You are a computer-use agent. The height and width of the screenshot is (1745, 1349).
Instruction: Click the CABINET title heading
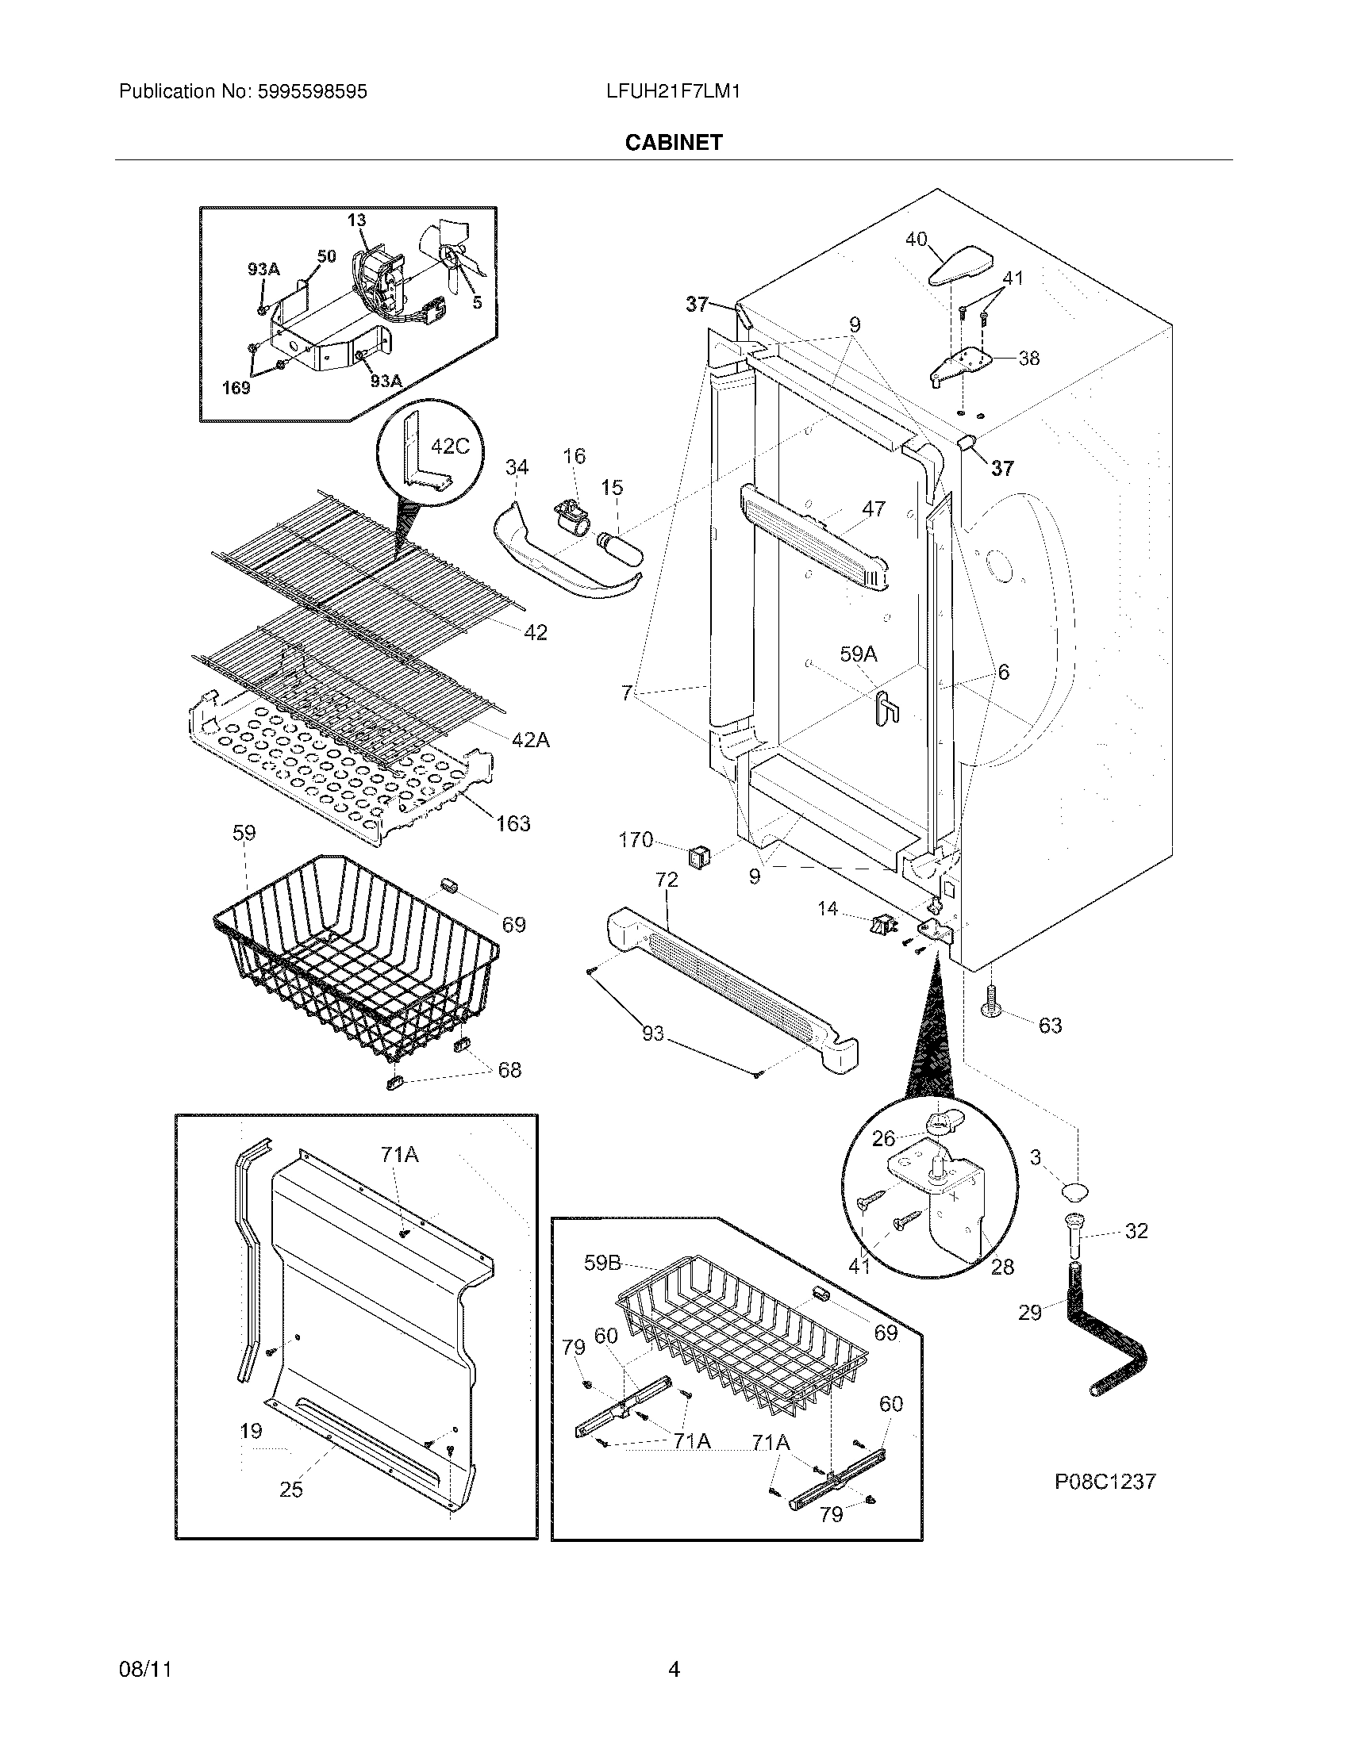674,142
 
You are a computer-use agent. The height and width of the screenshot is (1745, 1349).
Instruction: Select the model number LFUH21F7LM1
673,92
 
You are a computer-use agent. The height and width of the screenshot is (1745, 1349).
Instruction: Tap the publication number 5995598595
312,92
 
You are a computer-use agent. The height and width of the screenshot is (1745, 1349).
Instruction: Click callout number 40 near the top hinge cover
916,239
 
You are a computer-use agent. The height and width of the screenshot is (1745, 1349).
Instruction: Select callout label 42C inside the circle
450,446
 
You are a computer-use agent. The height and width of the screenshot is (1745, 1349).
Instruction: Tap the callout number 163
513,823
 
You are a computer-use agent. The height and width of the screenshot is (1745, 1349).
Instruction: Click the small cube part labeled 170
698,857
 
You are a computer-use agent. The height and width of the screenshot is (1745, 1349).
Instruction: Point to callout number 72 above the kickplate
667,880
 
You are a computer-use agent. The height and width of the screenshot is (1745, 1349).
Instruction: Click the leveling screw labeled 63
992,1003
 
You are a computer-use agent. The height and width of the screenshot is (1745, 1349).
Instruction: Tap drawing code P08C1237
1105,1482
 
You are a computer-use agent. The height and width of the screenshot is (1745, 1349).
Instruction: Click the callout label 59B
602,1264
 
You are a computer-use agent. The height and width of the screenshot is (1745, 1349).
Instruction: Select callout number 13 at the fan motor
356,220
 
